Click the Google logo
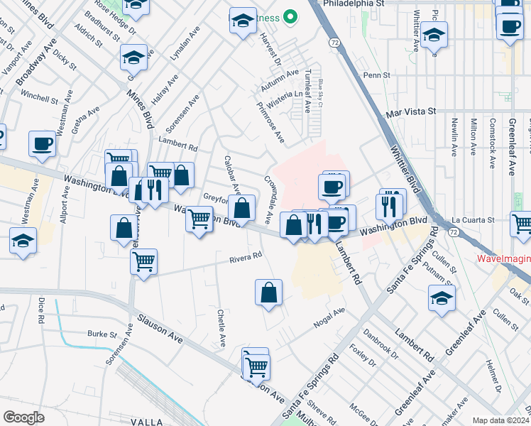(x=23, y=417)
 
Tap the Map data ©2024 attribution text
(x=500, y=420)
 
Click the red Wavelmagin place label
(x=503, y=260)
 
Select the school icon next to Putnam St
(x=442, y=298)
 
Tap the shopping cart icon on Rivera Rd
(x=143, y=261)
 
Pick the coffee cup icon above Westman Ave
(x=42, y=144)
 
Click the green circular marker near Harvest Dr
(x=289, y=16)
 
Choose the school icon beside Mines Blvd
(x=133, y=57)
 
